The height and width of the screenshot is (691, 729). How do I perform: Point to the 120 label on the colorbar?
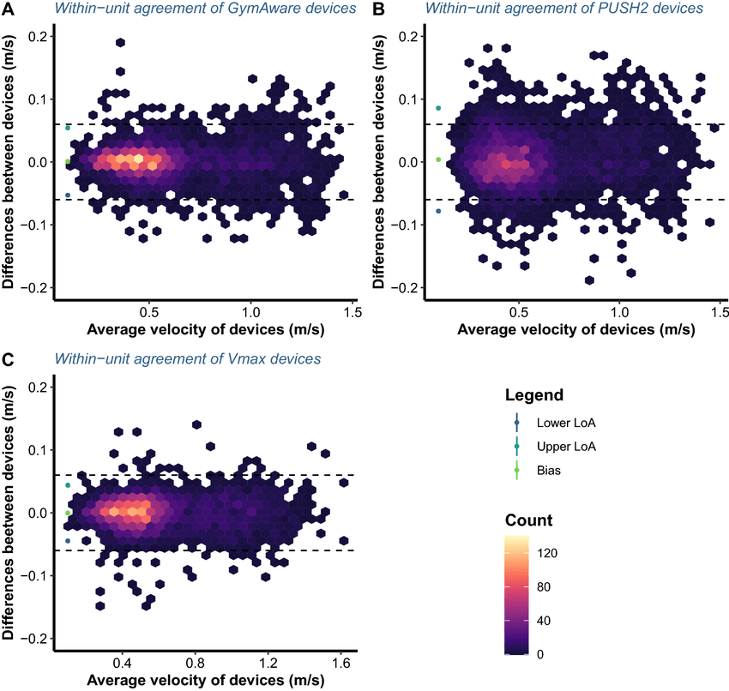[x=549, y=554]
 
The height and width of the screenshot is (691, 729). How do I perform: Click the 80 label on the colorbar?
[x=545, y=587]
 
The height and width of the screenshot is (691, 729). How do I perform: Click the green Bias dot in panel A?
[x=68, y=161]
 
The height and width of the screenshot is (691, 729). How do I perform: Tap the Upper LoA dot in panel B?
[x=438, y=108]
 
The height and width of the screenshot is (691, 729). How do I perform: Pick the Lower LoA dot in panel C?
[x=68, y=541]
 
